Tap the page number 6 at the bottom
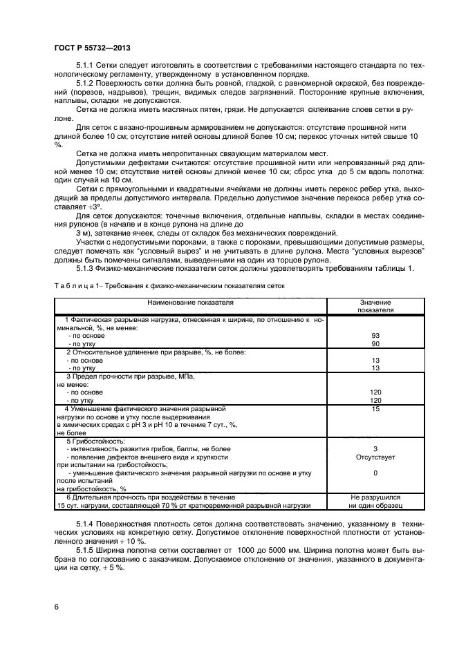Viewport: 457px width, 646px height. (56, 606)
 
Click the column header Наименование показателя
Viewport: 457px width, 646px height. (189, 303)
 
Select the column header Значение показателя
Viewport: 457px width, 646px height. (375, 307)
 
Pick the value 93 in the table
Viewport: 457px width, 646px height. (375, 336)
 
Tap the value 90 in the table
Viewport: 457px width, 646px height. (375, 343)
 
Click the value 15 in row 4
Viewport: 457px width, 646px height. (375, 409)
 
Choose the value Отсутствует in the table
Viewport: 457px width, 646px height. (375, 457)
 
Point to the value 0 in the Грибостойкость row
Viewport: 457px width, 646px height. (375, 473)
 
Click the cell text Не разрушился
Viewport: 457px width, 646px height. (375, 497)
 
